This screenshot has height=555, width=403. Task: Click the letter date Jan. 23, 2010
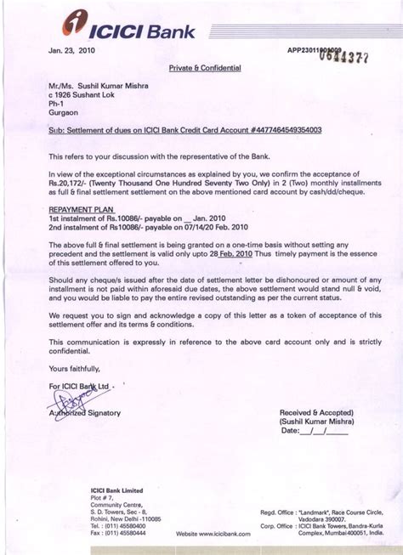click(71, 50)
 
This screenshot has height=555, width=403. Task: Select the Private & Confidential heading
click(205, 67)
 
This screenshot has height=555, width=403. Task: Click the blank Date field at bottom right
click(327, 432)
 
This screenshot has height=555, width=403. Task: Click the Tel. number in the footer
click(114, 524)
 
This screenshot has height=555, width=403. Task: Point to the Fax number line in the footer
click(114, 533)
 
